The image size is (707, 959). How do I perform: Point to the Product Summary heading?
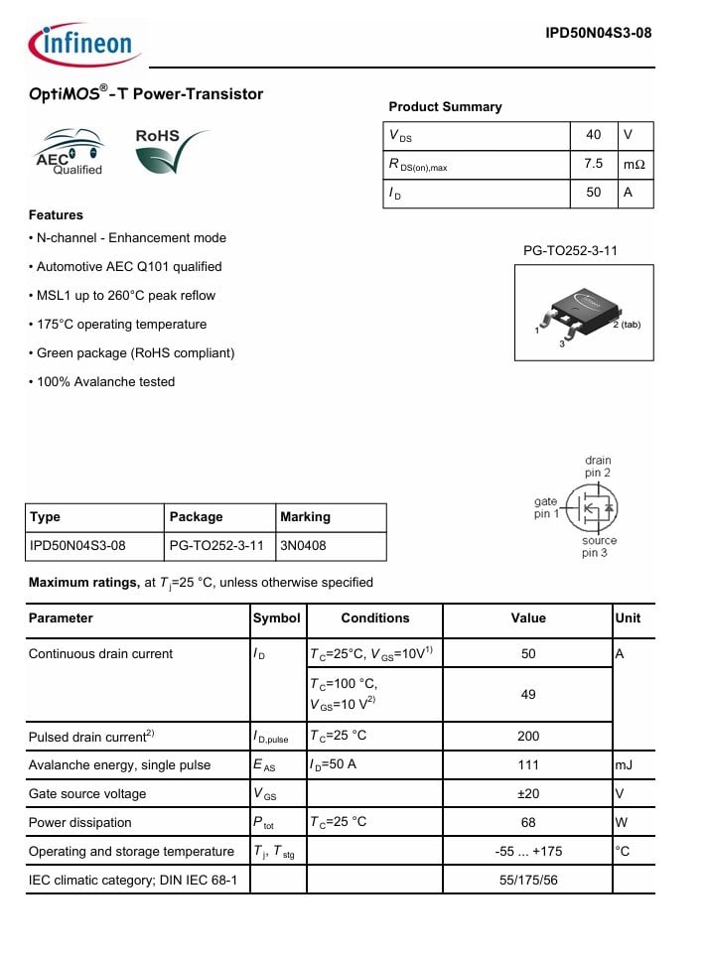445,107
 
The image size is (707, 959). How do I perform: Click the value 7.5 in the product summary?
594,164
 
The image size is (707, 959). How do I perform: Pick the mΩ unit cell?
634,164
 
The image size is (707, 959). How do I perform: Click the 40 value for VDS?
594,135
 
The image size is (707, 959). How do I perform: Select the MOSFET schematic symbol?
593,508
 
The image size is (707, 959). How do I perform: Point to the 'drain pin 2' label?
598,467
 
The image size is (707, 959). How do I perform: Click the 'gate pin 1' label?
546,508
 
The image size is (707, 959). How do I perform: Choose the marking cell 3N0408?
304,546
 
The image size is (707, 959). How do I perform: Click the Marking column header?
306,517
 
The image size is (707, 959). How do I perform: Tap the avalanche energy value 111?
528,765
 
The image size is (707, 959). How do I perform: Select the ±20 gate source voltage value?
528,794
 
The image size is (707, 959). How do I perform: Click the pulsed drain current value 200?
528,736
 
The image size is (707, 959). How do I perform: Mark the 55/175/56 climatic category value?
528,880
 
